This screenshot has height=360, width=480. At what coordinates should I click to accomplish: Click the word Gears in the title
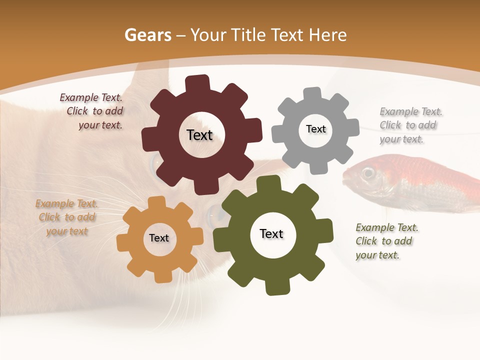pos(147,35)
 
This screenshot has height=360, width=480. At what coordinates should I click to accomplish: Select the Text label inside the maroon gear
pos(199,135)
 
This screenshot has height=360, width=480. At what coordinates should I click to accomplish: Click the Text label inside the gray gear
pos(316,129)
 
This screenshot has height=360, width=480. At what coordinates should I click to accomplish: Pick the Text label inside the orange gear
pos(159,238)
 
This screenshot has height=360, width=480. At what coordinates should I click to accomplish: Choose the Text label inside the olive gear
pos(271,233)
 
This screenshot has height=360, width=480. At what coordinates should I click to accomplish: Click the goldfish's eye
pos(368,173)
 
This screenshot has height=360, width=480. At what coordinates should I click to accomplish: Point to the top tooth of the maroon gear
pos(197,83)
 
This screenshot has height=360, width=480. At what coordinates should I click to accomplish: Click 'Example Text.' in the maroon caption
pos(91,97)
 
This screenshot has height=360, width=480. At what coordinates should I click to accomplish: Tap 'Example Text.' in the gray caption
pos(411,111)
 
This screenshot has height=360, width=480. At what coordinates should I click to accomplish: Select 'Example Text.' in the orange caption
pos(66,203)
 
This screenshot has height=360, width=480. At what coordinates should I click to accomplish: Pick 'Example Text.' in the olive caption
pos(387,227)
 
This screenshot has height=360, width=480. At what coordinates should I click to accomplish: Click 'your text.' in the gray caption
pos(401,139)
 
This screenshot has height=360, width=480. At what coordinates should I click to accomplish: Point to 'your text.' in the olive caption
pos(377,255)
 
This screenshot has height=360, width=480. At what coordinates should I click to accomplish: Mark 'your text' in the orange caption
pos(67,231)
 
